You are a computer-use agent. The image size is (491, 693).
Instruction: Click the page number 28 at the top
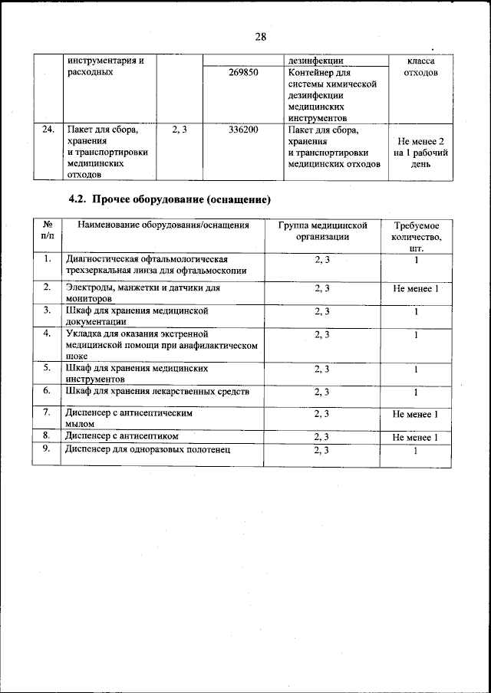pyautogui.click(x=260, y=37)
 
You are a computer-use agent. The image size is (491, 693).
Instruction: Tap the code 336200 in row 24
pyautogui.click(x=243, y=130)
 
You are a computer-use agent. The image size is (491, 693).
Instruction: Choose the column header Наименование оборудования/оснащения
pyautogui.click(x=159, y=225)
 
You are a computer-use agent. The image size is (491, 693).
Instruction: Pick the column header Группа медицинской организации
pyautogui.click(x=322, y=231)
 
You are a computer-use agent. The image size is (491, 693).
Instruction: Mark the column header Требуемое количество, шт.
pyautogui.click(x=416, y=237)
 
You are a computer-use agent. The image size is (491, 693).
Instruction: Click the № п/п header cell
pyautogui.click(x=48, y=231)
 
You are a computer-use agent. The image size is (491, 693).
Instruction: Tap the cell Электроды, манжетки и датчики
pyautogui.click(x=143, y=293)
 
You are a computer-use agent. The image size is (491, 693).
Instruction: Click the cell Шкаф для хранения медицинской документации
pyautogui.click(x=137, y=317)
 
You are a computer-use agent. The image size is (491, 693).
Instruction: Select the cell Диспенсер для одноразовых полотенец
pyautogui.click(x=149, y=450)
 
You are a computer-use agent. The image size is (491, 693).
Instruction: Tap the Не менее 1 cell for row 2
pyautogui.click(x=415, y=288)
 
